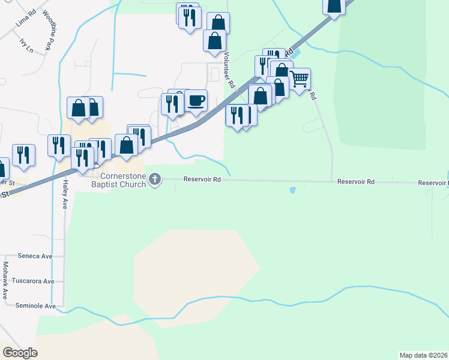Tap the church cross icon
coord(155,179)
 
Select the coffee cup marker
coord(196,100)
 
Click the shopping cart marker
coord(299,79)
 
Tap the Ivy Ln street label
coord(26,46)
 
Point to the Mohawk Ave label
coord(5,280)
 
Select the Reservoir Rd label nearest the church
coord(202,179)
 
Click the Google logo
coord(20,353)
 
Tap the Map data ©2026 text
coord(423,355)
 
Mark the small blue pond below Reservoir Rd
coord(292,190)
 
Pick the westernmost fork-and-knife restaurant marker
coord(23,155)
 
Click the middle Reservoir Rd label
coord(355,181)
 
